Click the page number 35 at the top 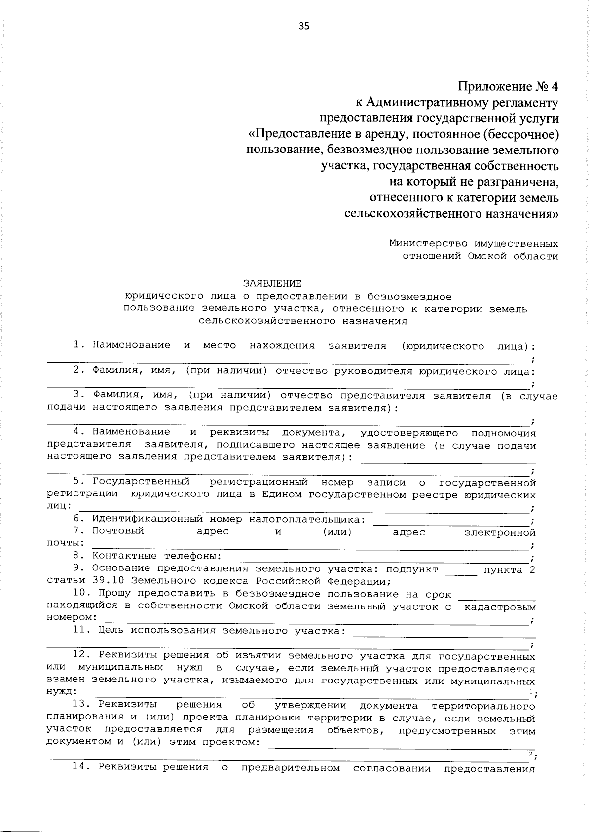coord(304,26)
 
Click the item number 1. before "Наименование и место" coord(79,345)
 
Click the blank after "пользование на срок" coord(497,597)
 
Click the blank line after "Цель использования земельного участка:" coord(444,634)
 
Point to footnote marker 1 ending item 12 coord(530,692)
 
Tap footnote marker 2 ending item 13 coord(530,754)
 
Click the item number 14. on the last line coord(82,768)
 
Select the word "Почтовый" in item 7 coord(118,531)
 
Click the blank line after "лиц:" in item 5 coord(303,509)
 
